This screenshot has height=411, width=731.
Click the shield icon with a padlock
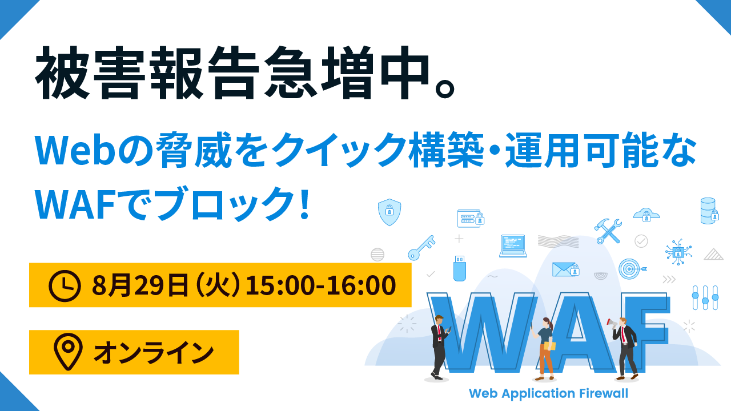click(389, 211)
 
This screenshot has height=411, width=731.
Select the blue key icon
click(421, 248)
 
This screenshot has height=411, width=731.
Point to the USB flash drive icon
click(460, 268)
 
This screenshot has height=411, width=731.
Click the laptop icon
click(513, 246)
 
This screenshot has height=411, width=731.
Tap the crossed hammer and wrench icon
click(607, 230)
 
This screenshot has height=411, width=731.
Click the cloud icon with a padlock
click(646, 215)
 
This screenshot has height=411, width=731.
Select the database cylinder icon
click(708, 211)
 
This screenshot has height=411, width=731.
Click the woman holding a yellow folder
click(545, 348)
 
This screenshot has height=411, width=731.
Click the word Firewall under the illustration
click(603, 393)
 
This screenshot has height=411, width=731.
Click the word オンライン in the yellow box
click(153, 352)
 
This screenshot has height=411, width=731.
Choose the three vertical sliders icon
click(704, 297)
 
